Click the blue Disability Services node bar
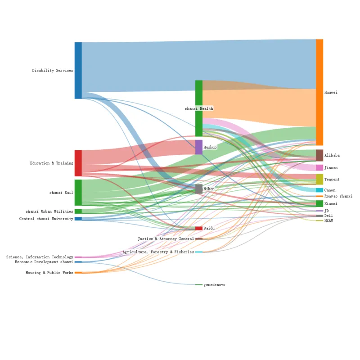click(78, 70)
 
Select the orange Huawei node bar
click(319, 92)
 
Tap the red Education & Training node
click(78, 163)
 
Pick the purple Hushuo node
click(199, 147)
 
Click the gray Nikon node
click(199, 189)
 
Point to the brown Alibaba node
click(319, 155)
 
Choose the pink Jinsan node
click(319, 167)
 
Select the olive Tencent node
click(319, 179)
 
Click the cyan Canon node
click(319, 190)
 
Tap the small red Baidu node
click(199, 228)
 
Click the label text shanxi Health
click(199, 108)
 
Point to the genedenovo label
click(215, 285)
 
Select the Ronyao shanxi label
click(338, 196)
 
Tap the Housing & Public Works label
click(49, 273)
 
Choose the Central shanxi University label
click(46, 219)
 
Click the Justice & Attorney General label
click(166, 238)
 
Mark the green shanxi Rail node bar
click(78, 193)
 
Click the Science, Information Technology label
click(40, 257)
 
